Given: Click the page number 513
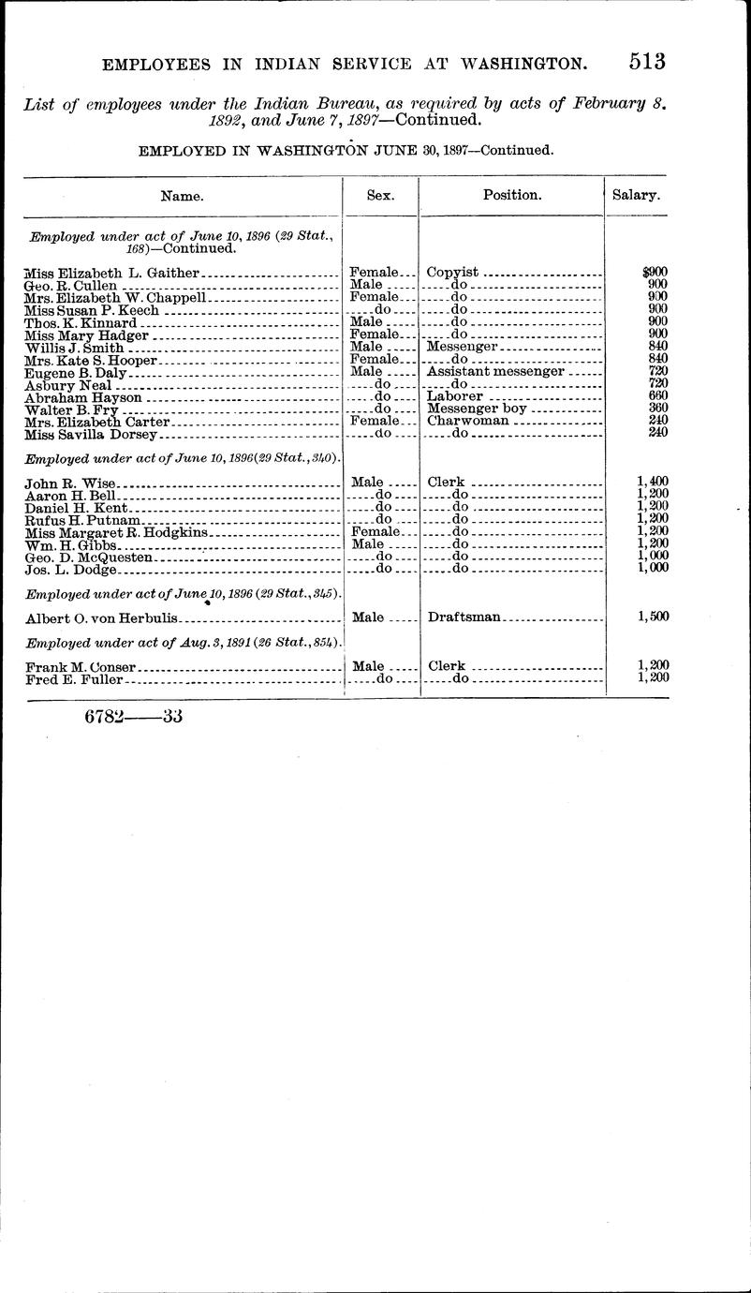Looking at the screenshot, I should [x=647, y=62].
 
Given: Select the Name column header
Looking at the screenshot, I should [x=182, y=196].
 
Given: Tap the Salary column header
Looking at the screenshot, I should [x=636, y=196].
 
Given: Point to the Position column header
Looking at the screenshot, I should [x=511, y=196].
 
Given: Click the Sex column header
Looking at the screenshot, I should [x=380, y=196].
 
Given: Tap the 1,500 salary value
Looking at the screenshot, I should [x=652, y=617].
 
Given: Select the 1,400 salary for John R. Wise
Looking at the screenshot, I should [x=652, y=482].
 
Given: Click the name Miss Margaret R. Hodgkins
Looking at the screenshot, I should [x=116, y=532].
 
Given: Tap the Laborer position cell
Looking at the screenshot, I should [x=454, y=396].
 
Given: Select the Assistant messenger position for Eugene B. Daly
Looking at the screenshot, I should [x=495, y=371].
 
